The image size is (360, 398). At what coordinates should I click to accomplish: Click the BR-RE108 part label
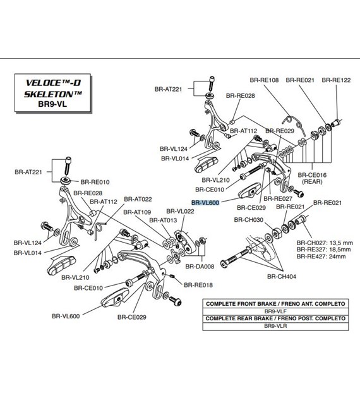pos(264,80)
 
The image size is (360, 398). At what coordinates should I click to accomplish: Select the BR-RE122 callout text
pos(336,80)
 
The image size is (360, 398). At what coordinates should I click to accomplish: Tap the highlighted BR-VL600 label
pos(205,203)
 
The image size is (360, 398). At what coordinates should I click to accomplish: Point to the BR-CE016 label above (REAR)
pos(312,175)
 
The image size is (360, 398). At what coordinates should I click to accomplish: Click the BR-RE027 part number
pos(278,198)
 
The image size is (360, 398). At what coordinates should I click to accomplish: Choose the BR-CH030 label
pos(249,220)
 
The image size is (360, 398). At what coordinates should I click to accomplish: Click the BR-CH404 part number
pos(282,277)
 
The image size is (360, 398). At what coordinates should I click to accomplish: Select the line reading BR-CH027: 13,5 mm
pos(325,243)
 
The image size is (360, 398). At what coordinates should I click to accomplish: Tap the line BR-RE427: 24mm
pos(321,256)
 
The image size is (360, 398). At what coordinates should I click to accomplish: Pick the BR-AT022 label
pos(138,199)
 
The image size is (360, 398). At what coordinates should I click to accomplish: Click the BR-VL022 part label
pos(180,211)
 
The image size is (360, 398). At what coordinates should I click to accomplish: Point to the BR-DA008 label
pos(200,266)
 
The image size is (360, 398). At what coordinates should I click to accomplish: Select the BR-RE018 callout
pos(198,285)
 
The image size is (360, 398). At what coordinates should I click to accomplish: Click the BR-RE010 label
pos(95,182)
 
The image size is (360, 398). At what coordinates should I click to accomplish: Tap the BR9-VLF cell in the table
pos(275,311)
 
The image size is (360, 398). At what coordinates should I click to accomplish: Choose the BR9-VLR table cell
pos(275,326)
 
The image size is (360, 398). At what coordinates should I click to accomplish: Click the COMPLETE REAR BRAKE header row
pos(275,318)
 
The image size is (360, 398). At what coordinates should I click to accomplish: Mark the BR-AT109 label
pos(137,212)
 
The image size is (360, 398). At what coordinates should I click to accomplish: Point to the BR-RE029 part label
pos(280,131)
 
